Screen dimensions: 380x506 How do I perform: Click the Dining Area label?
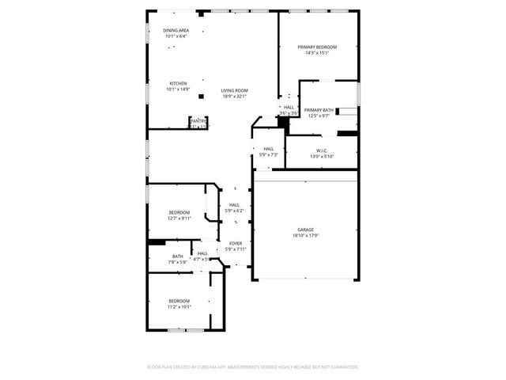point(176,30)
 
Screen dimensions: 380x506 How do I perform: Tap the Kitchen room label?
point(178,83)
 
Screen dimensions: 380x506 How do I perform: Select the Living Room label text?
point(234,90)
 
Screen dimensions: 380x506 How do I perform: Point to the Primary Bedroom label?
point(317,47)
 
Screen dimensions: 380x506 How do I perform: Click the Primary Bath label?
point(319,109)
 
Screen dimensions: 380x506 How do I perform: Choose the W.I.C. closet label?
point(322,150)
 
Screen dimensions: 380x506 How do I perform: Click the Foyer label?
point(236,243)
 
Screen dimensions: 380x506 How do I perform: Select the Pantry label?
point(197,120)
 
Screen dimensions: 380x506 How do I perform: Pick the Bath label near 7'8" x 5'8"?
point(177,256)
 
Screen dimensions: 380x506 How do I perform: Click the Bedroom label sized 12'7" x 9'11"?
point(179,212)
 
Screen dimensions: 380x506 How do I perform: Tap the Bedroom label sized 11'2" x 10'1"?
point(179,300)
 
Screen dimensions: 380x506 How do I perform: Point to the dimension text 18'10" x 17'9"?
point(305,235)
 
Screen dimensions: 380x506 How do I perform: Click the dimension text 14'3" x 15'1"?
point(317,53)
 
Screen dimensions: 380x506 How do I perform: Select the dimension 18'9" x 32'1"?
point(234,96)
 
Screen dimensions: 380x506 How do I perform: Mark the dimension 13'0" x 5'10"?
point(322,156)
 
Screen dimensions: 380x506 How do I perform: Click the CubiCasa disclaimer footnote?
point(253,367)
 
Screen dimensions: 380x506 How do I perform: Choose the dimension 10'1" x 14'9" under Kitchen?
point(178,89)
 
